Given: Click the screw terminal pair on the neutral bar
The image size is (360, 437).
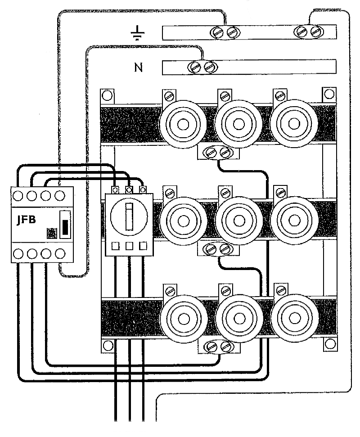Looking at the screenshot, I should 202,68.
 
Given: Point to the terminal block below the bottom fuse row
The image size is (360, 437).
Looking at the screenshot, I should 218,346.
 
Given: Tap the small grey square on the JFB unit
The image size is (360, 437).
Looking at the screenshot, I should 52,233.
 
